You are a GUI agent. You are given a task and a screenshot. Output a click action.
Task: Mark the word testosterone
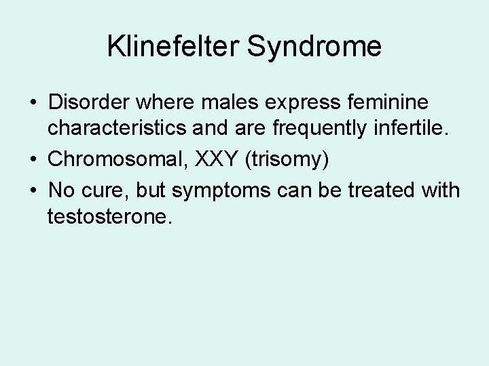(108, 217)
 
